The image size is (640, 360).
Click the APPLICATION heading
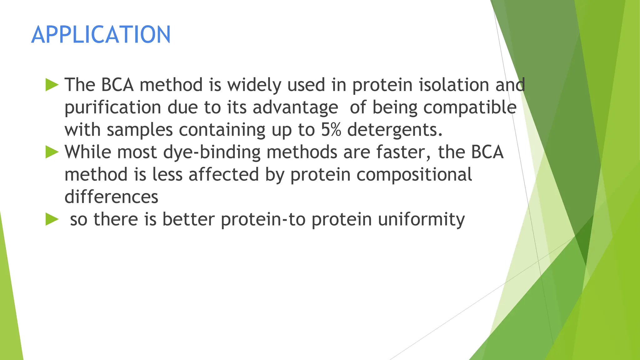(x=101, y=34)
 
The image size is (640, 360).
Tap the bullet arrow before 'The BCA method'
(x=52, y=85)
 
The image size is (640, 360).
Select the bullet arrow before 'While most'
(x=52, y=152)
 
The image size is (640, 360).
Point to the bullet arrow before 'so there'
(x=52, y=219)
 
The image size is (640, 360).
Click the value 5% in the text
(x=331, y=130)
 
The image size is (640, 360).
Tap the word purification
(x=113, y=107)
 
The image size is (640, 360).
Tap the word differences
(x=111, y=197)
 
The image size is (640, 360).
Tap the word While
(x=88, y=152)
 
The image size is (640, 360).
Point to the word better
(x=188, y=219)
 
